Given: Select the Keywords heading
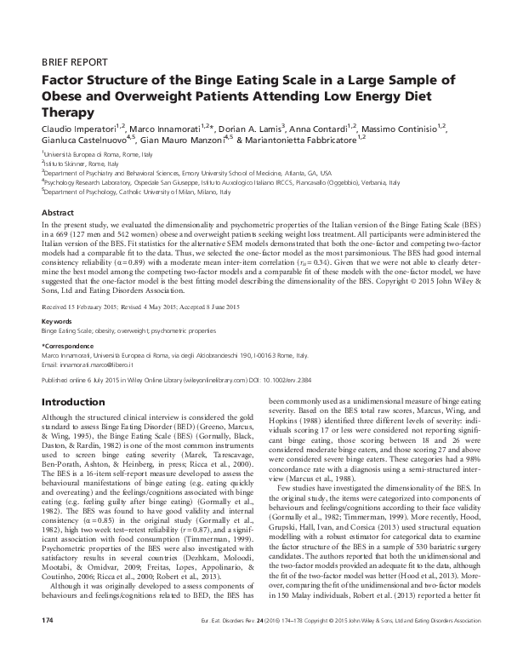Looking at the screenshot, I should coord(57,296).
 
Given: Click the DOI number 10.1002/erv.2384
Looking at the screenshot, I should coord(305,358).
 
